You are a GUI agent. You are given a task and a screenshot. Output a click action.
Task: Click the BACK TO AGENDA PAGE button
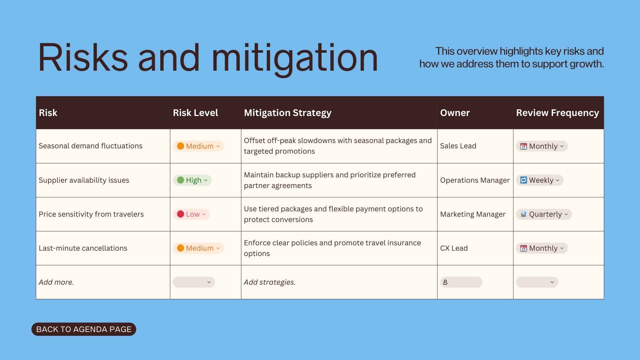tap(84, 329)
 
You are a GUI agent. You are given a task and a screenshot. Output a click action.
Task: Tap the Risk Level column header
tap(195, 113)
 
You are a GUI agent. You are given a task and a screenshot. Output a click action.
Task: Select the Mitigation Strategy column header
tap(287, 113)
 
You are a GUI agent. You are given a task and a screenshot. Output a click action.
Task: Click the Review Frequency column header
tap(557, 113)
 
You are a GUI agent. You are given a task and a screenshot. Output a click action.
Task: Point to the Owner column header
tap(455, 113)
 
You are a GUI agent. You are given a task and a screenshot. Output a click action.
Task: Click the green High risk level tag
tap(192, 180)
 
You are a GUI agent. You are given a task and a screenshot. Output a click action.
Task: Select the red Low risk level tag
tap(191, 214)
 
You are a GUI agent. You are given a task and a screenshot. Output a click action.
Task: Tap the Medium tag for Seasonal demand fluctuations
tap(198, 146)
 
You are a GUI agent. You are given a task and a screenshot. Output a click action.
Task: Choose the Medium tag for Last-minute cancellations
tap(198, 248)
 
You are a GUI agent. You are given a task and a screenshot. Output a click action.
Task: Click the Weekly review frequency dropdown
tap(540, 180)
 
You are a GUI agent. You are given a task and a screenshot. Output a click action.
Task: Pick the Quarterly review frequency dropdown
tap(544, 214)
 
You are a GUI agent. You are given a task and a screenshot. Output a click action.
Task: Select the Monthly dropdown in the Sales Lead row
tap(542, 146)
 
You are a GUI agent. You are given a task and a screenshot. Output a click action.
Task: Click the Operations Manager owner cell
tap(475, 180)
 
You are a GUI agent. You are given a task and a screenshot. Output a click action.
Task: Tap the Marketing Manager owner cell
tap(473, 214)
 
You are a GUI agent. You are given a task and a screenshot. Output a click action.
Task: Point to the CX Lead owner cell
tap(454, 248)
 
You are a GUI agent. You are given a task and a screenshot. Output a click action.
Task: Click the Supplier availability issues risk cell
tap(84, 180)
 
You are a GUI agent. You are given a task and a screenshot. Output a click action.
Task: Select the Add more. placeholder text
tap(56, 282)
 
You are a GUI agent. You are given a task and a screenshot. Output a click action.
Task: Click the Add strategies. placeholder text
tap(270, 282)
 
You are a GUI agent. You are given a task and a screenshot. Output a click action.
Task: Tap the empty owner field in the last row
tap(461, 282)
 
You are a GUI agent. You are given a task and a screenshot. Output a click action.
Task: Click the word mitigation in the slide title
tap(295, 58)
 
